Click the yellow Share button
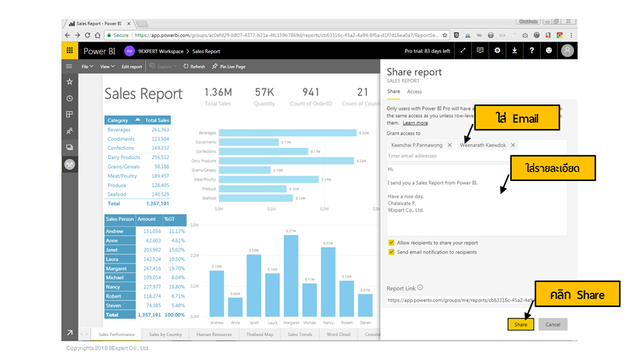[x=521, y=324]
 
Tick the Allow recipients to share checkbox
[x=391, y=243]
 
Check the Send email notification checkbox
[x=391, y=252]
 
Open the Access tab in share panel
[x=414, y=91]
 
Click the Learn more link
[x=415, y=123]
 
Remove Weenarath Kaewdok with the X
[x=513, y=145]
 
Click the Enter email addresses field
[x=447, y=156]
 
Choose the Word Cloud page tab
[x=338, y=334]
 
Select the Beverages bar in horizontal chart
[x=286, y=133]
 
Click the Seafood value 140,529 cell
[x=157, y=194]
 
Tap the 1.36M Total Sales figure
[x=218, y=93]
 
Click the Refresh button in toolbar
[x=194, y=67]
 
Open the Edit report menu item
[x=132, y=67]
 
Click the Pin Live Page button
[x=229, y=67]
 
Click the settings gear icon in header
[x=497, y=51]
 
